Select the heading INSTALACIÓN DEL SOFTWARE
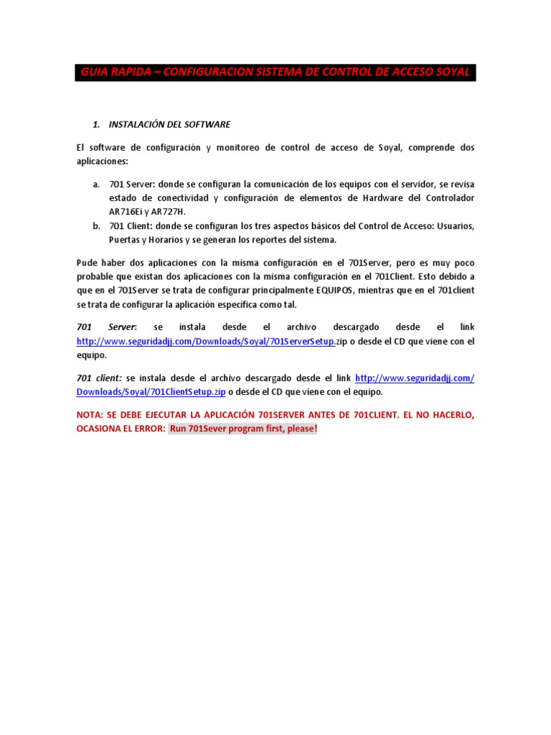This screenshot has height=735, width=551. click(169, 124)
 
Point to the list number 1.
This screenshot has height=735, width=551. click(96, 124)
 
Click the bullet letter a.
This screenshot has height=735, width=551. click(96, 184)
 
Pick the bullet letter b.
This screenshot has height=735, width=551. click(96, 226)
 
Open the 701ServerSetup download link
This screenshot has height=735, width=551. click(206, 342)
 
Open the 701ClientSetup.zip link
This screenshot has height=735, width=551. click(151, 393)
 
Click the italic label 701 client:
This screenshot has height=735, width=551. click(99, 378)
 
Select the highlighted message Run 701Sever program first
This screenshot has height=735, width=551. click(242, 429)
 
